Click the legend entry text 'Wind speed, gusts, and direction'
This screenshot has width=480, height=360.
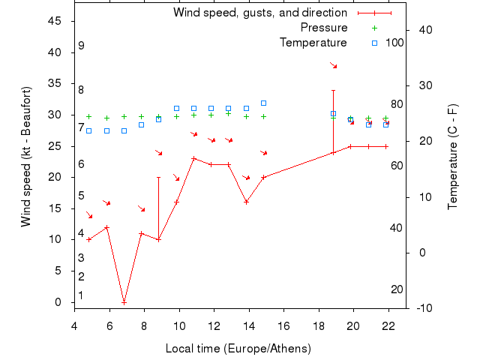coord(259,13)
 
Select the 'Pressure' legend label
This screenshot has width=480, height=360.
coord(323,28)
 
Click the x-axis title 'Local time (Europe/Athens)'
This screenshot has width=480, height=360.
coord(238,349)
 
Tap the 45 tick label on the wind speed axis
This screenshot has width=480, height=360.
coord(55,21)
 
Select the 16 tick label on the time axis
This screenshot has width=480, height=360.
coord(283,325)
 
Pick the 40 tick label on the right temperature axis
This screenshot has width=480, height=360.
coord(426,29)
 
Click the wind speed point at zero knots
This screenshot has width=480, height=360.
coord(124,301)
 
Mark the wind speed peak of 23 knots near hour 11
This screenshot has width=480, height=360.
coord(193,158)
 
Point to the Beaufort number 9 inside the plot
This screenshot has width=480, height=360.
coord(81,46)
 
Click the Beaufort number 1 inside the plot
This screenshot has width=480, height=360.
coord(81,295)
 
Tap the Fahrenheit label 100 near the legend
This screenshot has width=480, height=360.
coord(394,43)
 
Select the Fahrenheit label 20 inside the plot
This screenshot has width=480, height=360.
coord(397,289)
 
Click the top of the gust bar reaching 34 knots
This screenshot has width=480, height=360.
coord(333,90)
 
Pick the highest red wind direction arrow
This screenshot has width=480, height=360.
coord(334,66)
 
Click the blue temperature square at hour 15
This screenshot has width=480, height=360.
coord(263,103)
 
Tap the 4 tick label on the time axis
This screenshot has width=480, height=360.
coord(74,325)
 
